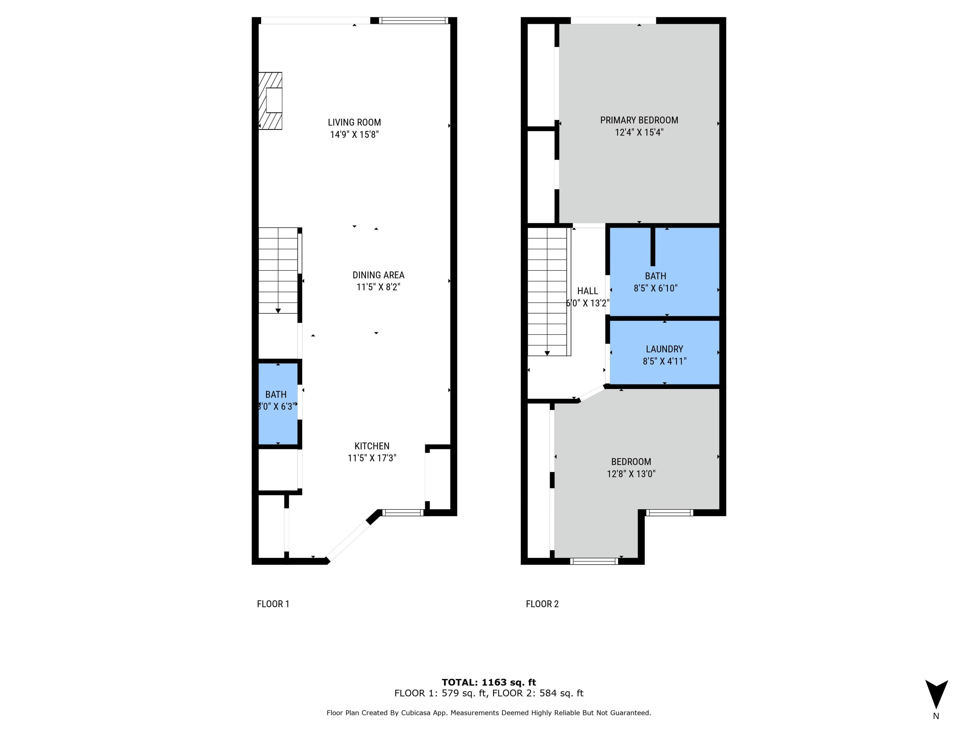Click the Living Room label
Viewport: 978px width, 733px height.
(x=354, y=122)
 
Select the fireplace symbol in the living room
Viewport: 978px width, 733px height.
(x=271, y=101)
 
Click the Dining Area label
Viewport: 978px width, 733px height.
(x=378, y=275)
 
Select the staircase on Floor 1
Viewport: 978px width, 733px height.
(x=278, y=270)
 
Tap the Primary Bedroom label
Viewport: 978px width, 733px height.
(x=639, y=120)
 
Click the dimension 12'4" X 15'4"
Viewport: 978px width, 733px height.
(x=639, y=133)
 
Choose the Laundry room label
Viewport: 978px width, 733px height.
(x=664, y=349)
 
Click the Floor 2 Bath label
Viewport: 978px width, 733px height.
(x=655, y=276)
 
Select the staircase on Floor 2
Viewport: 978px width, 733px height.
(x=547, y=292)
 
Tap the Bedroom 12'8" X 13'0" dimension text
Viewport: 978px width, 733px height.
(x=631, y=474)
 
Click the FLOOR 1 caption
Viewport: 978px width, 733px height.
(x=273, y=604)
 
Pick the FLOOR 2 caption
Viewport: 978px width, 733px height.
(x=542, y=604)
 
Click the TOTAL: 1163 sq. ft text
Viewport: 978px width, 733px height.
(x=489, y=682)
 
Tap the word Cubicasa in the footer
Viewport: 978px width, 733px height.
(x=417, y=713)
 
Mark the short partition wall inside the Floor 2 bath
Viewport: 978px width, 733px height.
(x=653, y=247)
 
